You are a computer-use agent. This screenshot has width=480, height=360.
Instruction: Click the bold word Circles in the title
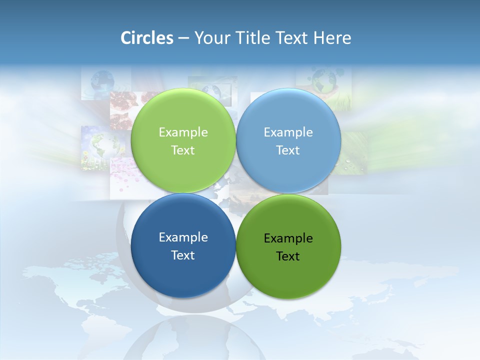tap(146, 38)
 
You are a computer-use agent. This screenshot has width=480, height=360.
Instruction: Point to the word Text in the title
tap(293, 38)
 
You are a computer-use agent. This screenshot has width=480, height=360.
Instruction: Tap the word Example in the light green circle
tap(183, 132)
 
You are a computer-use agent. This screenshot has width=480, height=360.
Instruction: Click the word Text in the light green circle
tap(183, 150)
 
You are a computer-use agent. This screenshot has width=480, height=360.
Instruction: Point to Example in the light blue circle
tap(288, 132)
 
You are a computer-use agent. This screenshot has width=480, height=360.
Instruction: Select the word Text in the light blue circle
tap(288, 150)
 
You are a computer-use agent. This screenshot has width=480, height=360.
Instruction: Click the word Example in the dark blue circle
tap(183, 237)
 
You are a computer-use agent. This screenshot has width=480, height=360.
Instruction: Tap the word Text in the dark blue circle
tap(183, 255)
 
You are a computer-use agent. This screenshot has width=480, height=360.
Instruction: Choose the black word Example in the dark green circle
tap(288, 238)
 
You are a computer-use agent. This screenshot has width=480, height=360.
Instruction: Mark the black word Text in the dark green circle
tap(288, 256)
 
